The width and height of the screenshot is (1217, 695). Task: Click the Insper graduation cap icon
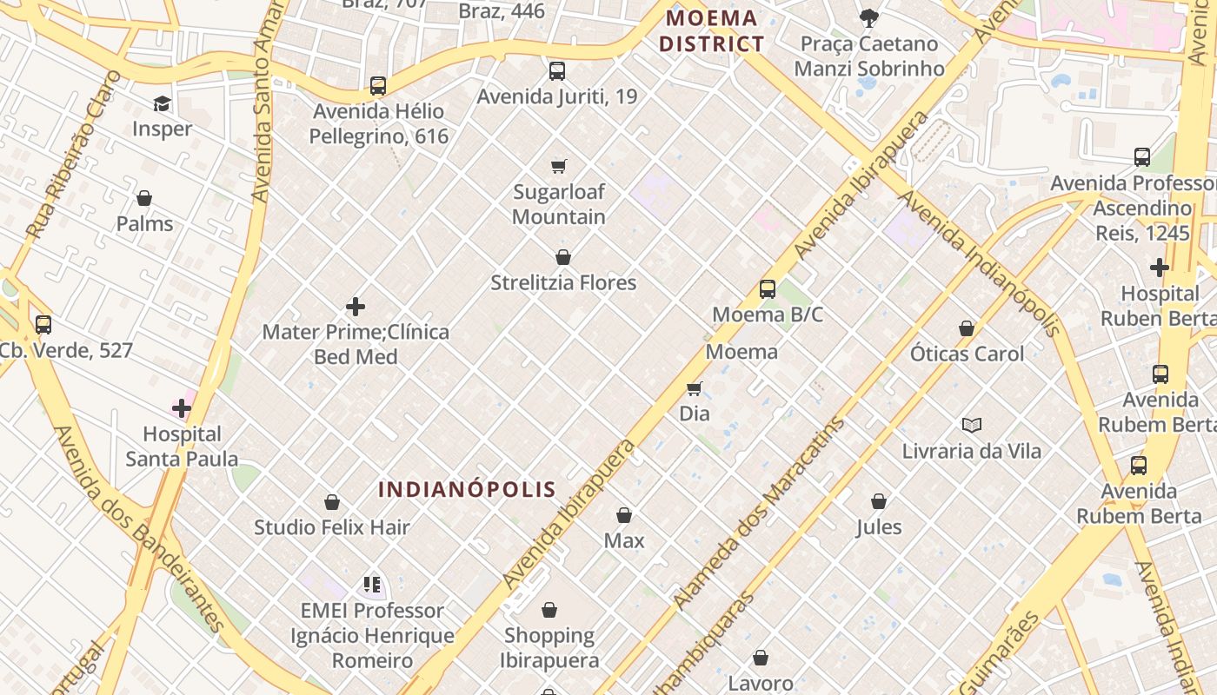(x=162, y=104)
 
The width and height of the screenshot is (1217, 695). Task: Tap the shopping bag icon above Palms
(x=144, y=199)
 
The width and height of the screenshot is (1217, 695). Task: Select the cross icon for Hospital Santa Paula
(x=182, y=407)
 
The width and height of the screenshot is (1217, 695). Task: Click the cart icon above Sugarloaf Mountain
(x=559, y=166)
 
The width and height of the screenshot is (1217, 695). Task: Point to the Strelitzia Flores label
(x=563, y=282)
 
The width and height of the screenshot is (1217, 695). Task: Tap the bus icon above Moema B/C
(x=767, y=289)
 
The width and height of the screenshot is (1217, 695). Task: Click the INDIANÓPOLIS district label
(x=467, y=489)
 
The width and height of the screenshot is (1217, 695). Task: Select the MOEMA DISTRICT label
(x=711, y=31)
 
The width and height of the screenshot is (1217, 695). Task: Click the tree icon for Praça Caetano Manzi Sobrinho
(x=868, y=17)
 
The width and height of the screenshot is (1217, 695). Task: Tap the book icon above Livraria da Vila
(x=971, y=425)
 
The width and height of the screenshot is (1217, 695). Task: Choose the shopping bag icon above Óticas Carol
(x=967, y=328)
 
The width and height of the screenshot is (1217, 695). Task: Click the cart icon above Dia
(x=694, y=388)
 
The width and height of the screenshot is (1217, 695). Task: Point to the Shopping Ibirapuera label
(x=549, y=648)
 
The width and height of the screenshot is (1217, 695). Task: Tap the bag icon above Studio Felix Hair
(x=331, y=502)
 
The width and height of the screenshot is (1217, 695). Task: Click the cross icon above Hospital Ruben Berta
(x=1159, y=268)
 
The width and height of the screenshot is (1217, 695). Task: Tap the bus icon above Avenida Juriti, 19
(x=557, y=71)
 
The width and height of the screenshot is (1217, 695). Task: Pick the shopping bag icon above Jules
(x=879, y=501)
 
